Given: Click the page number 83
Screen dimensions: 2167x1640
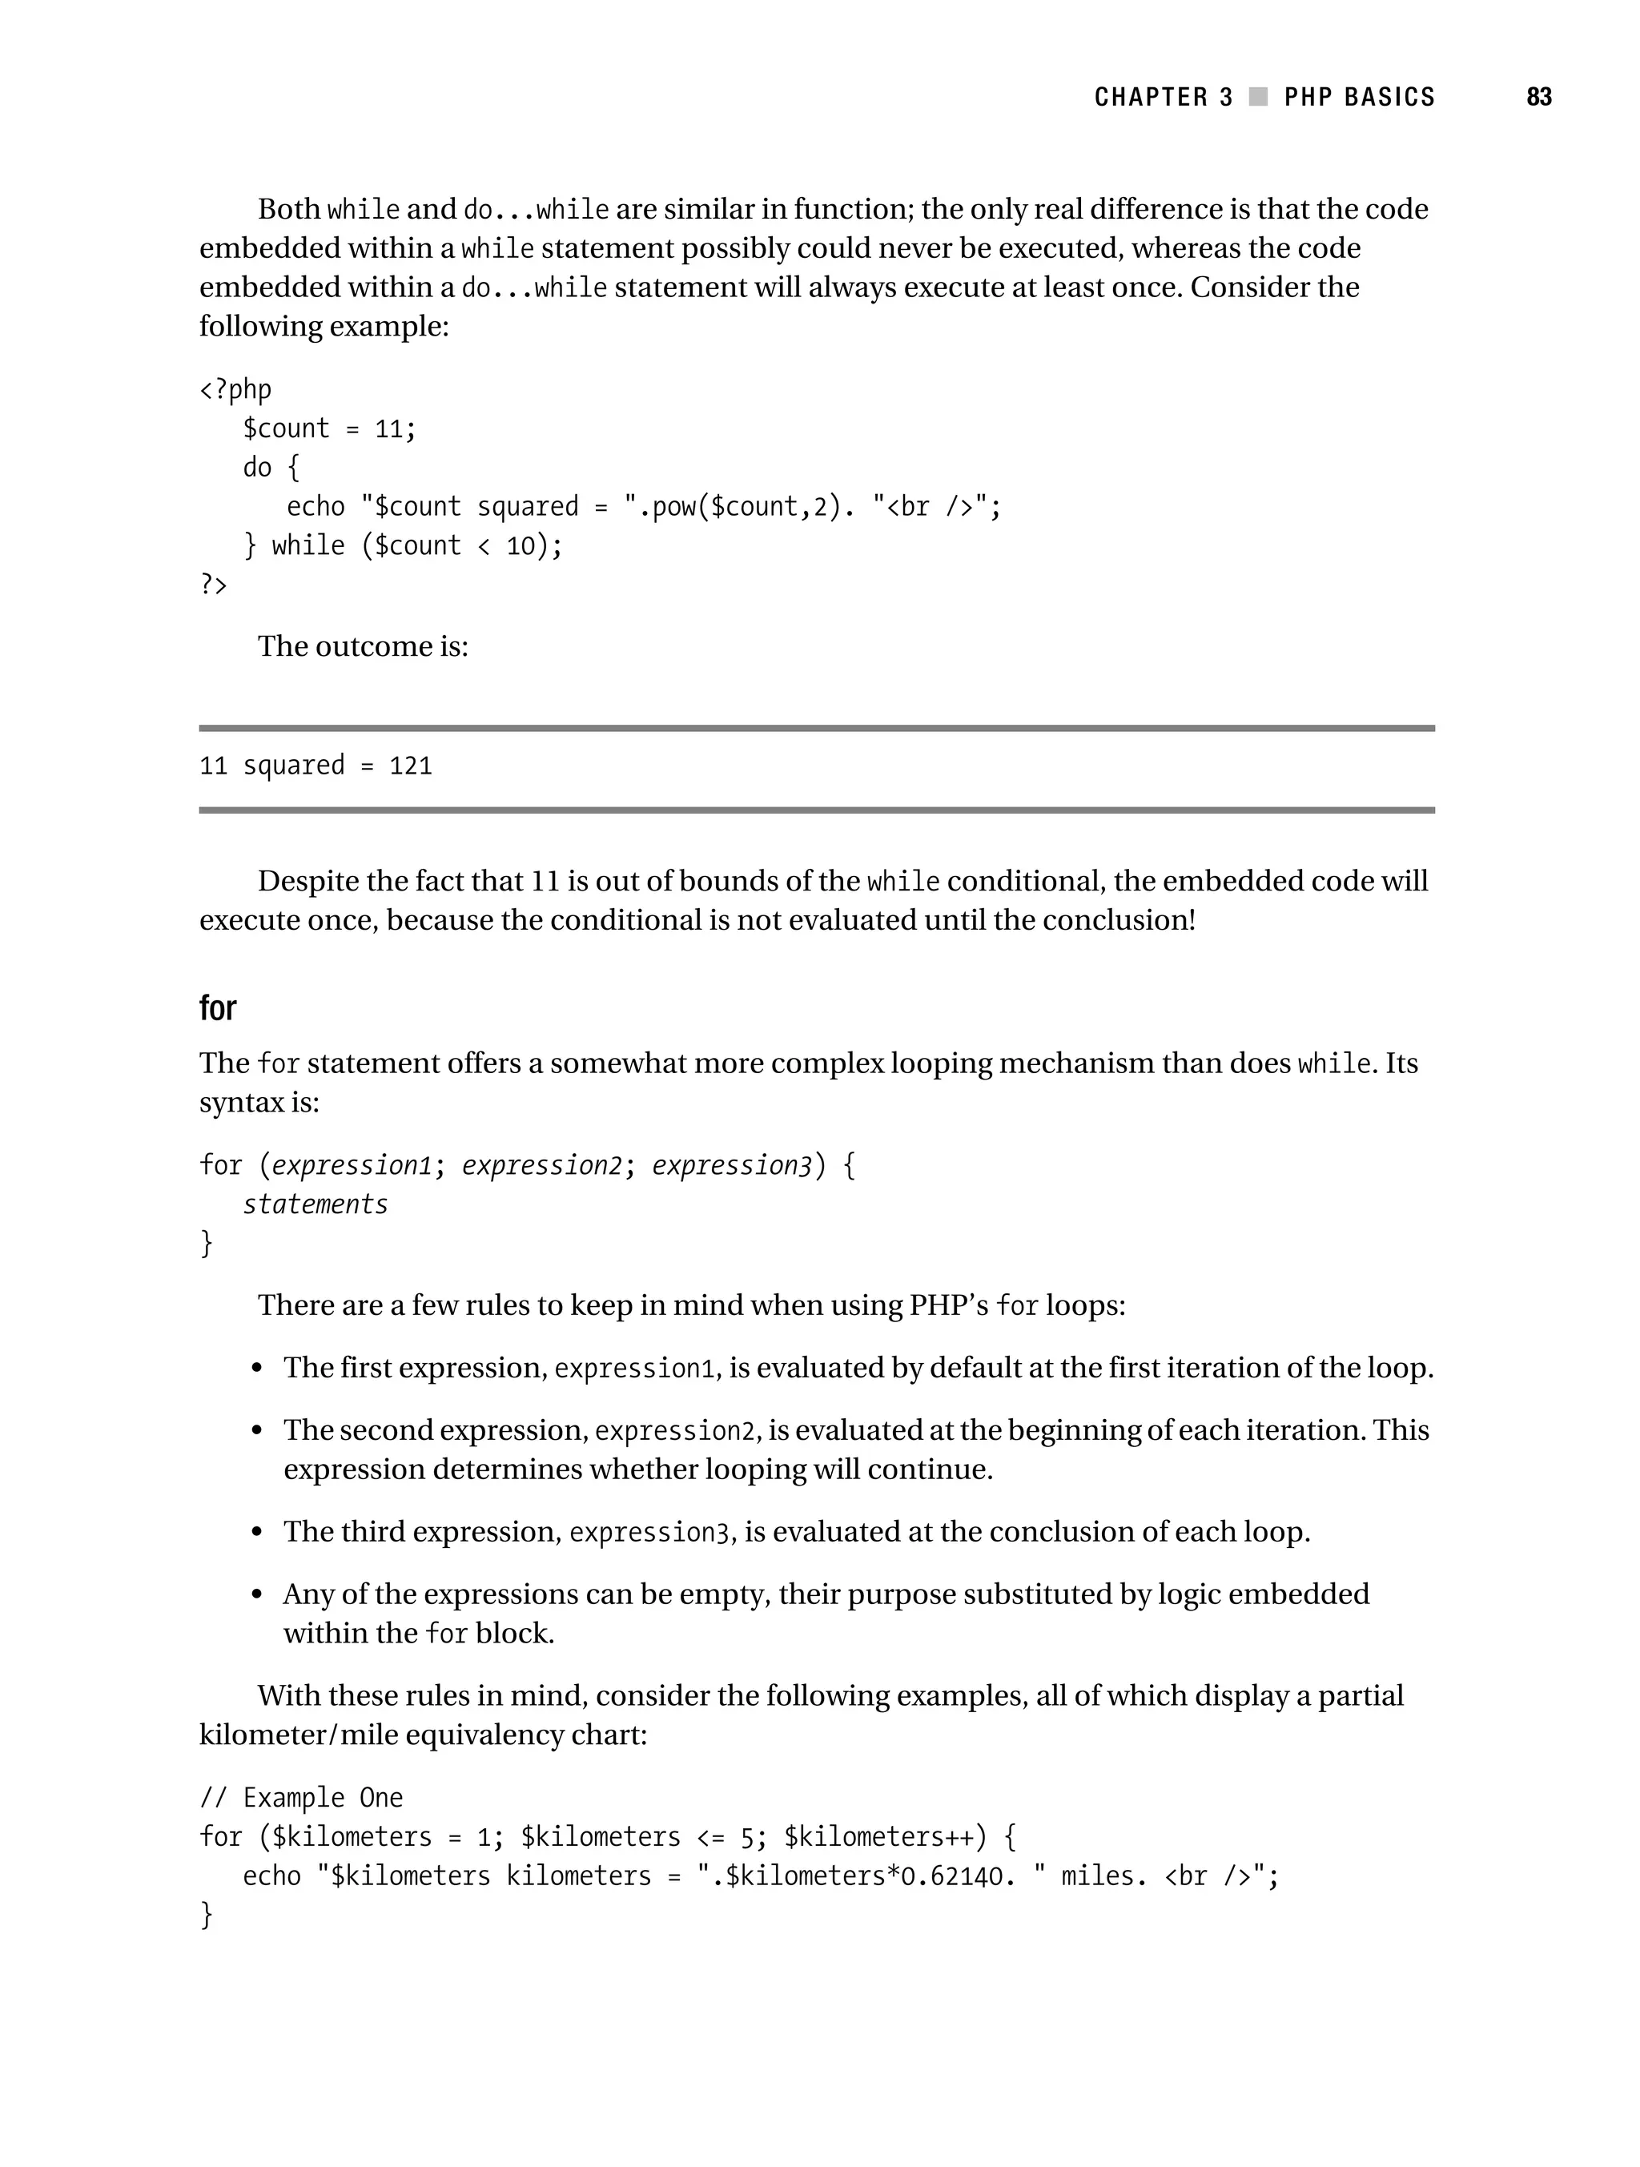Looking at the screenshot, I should (x=1538, y=97).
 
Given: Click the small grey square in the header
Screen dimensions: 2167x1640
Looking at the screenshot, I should (x=1259, y=97).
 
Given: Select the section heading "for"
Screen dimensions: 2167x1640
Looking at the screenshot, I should (x=218, y=1008).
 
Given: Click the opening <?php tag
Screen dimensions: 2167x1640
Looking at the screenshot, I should (x=235, y=390).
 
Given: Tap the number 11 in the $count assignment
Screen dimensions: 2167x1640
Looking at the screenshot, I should (x=389, y=429).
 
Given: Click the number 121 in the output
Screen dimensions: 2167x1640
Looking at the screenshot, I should (x=411, y=765).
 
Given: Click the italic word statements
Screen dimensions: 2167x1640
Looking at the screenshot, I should (x=315, y=1204).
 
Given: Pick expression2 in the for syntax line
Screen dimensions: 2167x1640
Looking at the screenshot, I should (x=542, y=1166).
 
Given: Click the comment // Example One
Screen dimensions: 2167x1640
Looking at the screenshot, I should (x=301, y=1798).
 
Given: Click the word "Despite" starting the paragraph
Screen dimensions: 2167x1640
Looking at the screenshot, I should (x=307, y=882).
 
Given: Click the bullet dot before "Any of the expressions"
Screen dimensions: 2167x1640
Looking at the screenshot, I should (x=257, y=1595).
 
